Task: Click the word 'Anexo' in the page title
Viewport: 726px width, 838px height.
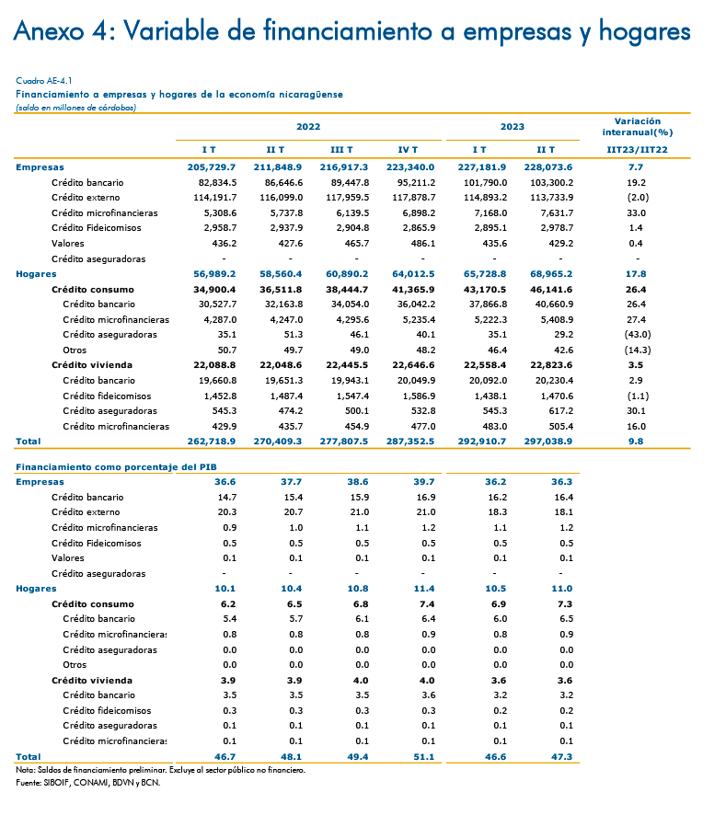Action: tap(49, 31)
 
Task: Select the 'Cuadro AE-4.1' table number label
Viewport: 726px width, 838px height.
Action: tap(44, 81)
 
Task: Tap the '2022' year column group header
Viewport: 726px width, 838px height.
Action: tap(308, 127)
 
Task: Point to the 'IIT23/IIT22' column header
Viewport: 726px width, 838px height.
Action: tap(638, 150)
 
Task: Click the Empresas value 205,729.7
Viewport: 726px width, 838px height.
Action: tap(212, 167)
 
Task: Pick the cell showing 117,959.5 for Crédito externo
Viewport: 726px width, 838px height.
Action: tap(348, 197)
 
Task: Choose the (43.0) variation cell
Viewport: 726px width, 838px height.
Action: tap(638, 335)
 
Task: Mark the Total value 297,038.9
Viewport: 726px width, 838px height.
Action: tap(548, 442)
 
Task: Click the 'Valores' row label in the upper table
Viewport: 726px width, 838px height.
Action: tap(68, 243)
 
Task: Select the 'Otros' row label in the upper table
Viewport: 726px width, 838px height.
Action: tap(75, 350)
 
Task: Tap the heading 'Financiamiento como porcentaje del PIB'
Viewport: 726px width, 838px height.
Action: tap(116, 467)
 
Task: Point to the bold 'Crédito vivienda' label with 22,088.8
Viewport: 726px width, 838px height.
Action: tap(92, 365)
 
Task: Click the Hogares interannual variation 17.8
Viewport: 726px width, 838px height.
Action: tap(636, 274)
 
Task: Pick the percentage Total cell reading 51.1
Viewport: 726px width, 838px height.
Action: tap(424, 757)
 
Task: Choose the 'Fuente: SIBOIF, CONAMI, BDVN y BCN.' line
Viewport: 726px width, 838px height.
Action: tap(87, 783)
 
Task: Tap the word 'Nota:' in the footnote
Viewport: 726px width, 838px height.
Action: tap(25, 770)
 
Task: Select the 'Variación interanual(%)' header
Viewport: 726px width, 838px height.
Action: tap(638, 127)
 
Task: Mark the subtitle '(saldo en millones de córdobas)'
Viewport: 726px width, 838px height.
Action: tap(76, 108)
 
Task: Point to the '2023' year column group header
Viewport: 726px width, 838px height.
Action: tap(513, 127)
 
